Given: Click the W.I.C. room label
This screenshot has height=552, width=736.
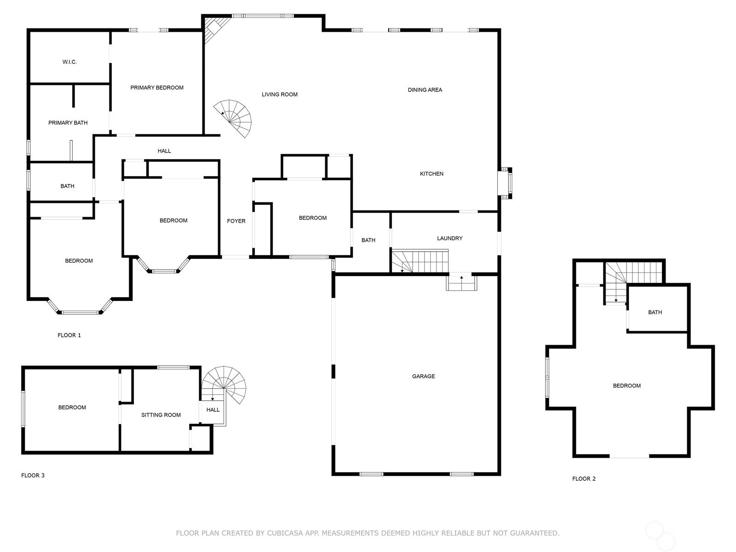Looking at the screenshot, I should point(69,62).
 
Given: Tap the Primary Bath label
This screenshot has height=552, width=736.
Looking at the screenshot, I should point(68,123).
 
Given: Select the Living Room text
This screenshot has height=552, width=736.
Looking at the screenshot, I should point(279,95).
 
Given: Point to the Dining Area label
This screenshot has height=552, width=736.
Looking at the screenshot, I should point(425,90).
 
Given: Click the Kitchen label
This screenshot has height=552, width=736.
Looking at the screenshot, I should point(431,174).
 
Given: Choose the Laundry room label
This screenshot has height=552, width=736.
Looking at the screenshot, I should point(449,238).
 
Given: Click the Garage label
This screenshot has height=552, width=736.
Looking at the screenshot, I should point(423,376).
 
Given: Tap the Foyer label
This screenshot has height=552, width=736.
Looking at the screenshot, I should point(236,221).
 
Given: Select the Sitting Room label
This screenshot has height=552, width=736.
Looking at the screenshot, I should point(161,415).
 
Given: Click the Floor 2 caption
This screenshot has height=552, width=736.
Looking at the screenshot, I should point(584,479).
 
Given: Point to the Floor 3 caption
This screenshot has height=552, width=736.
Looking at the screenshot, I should point(33,476).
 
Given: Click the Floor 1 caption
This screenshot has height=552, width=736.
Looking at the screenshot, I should point(69,335).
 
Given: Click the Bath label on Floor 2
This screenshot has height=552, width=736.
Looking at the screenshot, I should point(655,312).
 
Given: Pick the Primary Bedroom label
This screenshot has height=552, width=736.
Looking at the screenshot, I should point(157,88).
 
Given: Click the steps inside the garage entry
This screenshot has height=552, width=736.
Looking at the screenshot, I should point(461,283).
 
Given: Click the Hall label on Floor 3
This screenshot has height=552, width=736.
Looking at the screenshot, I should point(213,410).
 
